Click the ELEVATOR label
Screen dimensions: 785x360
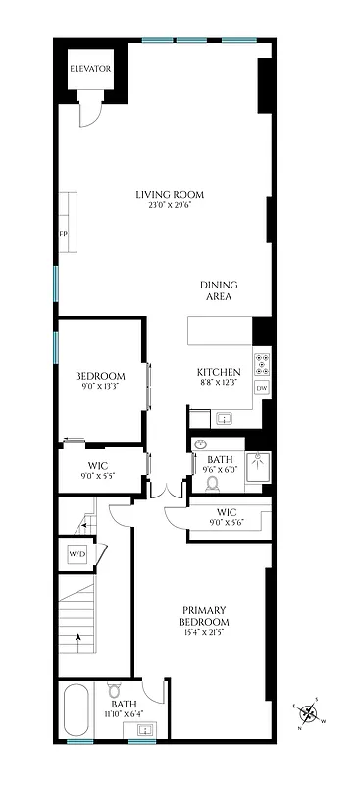89,69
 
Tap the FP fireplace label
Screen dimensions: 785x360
63,235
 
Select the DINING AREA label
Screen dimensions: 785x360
220,290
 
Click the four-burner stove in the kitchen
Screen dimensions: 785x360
262,364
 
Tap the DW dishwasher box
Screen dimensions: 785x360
262,389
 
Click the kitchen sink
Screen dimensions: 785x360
224,418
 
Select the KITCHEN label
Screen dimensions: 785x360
219,372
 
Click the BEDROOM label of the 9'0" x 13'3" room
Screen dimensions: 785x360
100,376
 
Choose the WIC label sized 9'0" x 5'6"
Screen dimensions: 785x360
227,511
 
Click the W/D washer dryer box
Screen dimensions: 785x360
77,555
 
